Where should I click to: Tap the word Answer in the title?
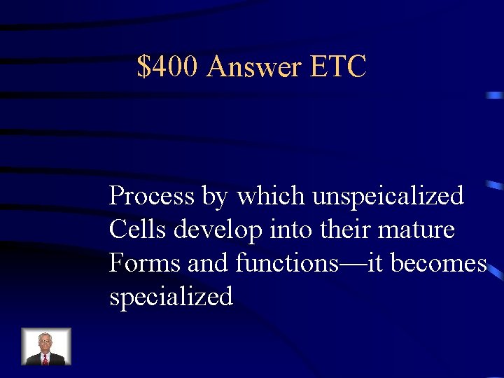tap(254, 67)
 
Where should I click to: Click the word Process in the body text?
tap(152, 196)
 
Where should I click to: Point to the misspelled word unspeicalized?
tap(388, 196)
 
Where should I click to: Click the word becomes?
tap(438, 263)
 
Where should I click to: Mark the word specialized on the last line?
tap(171, 297)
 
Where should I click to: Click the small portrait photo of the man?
tap(46, 346)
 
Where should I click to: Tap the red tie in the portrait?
tap(45, 359)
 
